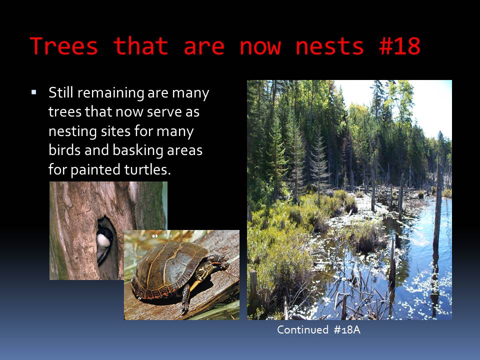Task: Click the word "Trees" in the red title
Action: [x=64, y=46]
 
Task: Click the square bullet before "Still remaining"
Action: [x=33, y=92]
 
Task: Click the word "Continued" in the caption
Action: [x=302, y=329]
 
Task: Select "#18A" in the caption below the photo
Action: [x=347, y=330]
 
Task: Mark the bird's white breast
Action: [x=103, y=240]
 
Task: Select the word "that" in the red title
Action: [x=141, y=46]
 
